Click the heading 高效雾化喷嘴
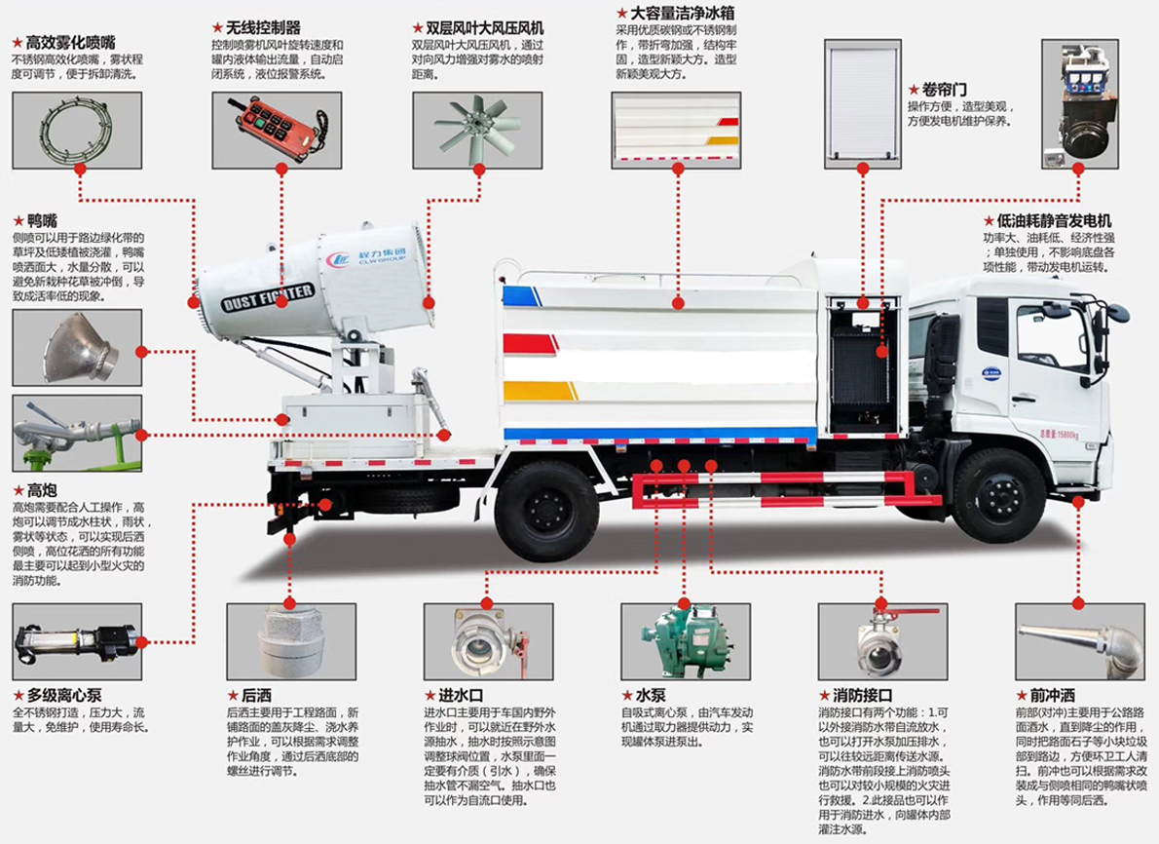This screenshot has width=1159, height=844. pyautogui.click(x=70, y=43)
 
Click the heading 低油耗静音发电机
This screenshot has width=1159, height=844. pyautogui.click(x=1051, y=221)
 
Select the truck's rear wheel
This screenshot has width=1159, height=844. pyautogui.click(x=547, y=511)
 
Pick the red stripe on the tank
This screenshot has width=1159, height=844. pyautogui.click(x=531, y=343)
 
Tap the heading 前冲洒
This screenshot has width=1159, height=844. pyautogui.click(x=1051, y=696)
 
